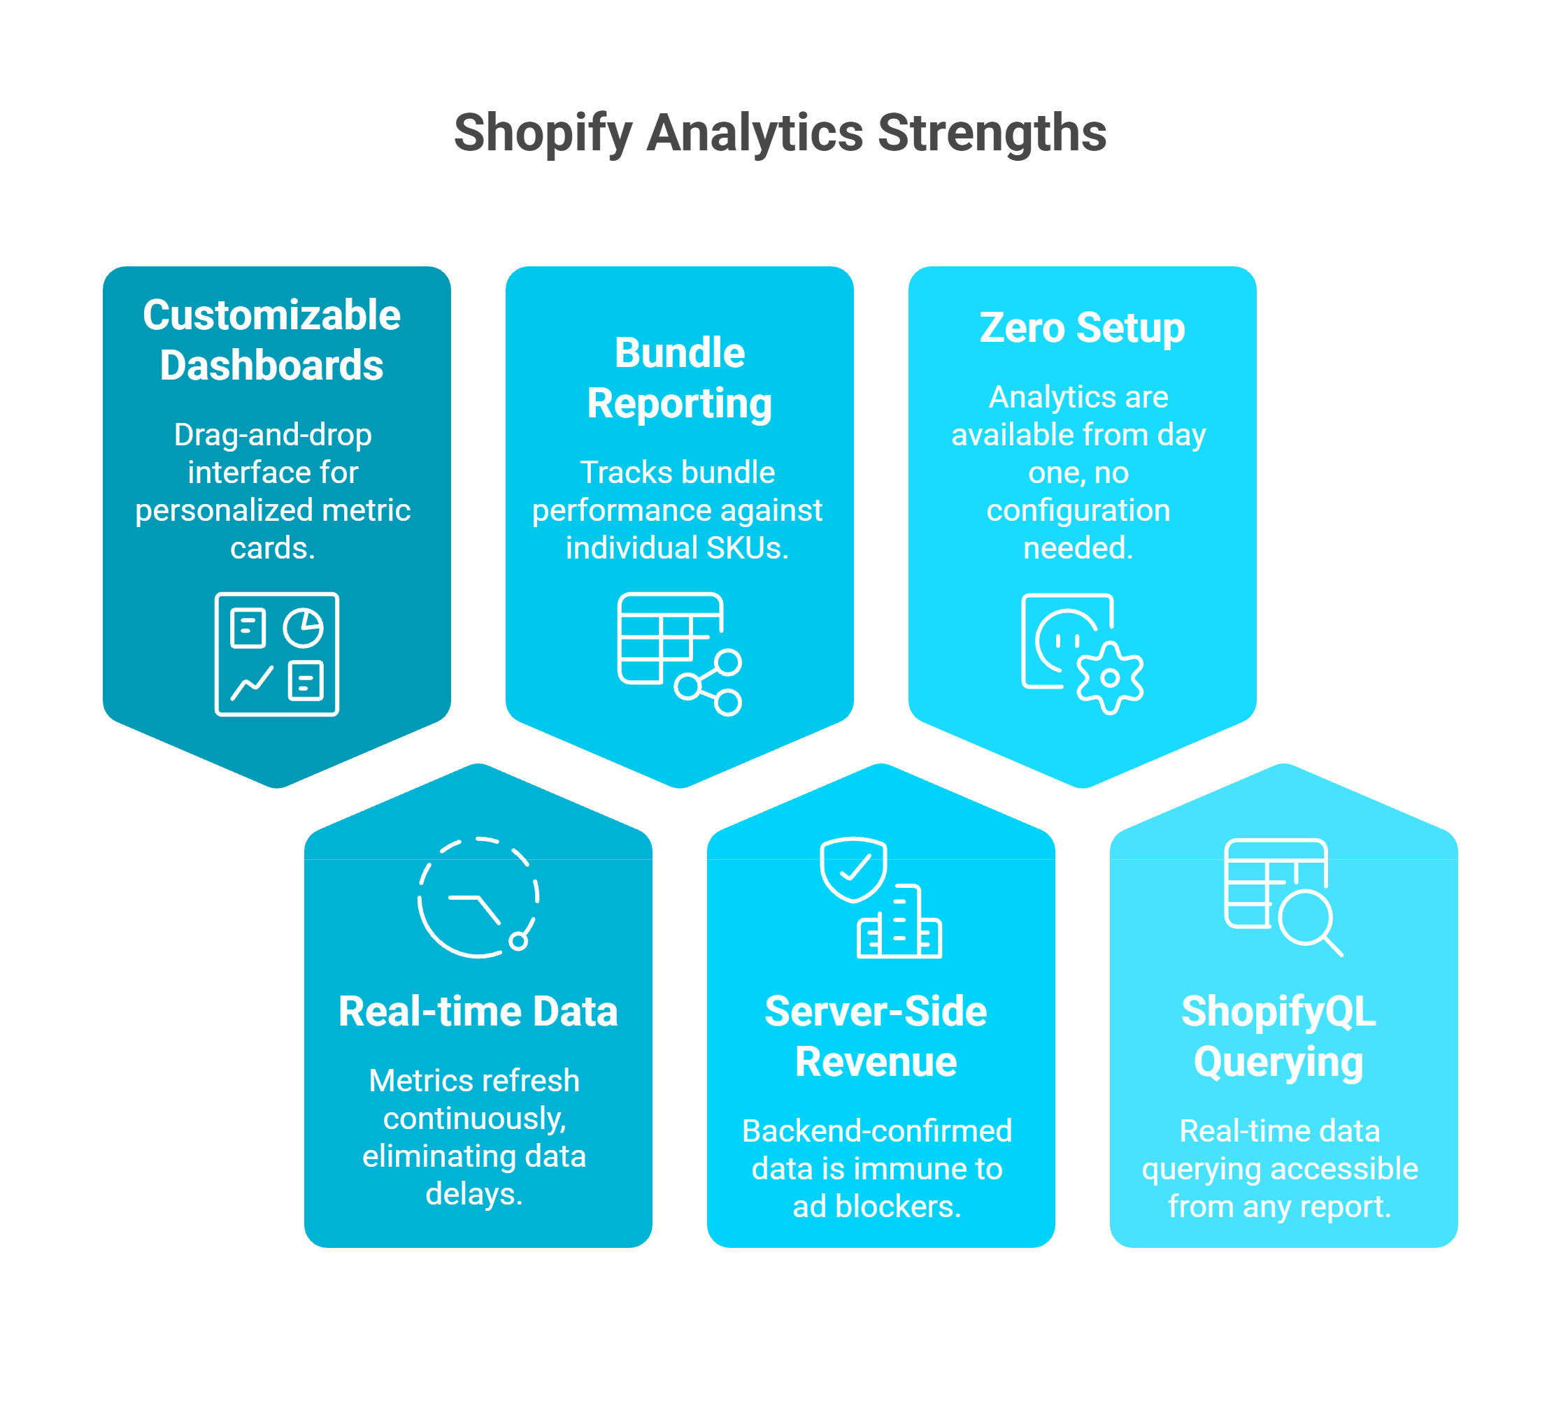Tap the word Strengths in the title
pyautogui.click(x=991, y=133)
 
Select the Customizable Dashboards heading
pyautogui.click(x=272, y=340)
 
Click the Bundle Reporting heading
pyautogui.click(x=679, y=378)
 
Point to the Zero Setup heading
pyautogui.click(x=1081, y=328)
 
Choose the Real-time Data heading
pyautogui.click(x=478, y=1011)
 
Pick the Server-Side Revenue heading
pyautogui.click(x=876, y=1036)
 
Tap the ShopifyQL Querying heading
pyautogui.click(x=1278, y=1036)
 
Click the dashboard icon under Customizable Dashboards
pyautogui.click(x=276, y=654)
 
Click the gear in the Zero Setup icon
pyautogui.click(x=1109, y=678)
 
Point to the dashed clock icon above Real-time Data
pyautogui.click(x=478, y=897)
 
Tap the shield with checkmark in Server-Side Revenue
pyautogui.click(x=853, y=868)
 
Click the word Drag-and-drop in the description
pyautogui.click(x=273, y=435)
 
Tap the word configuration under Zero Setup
pyautogui.click(x=1078, y=510)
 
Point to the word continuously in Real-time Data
pyautogui.click(x=474, y=1119)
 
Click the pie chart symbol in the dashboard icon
pyautogui.click(x=303, y=627)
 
